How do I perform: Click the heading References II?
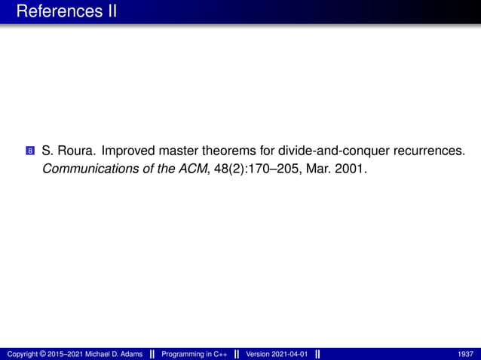66,12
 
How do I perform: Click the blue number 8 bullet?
29,151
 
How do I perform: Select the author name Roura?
75,150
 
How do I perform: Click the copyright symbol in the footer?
44,353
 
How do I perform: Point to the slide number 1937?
465,353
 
